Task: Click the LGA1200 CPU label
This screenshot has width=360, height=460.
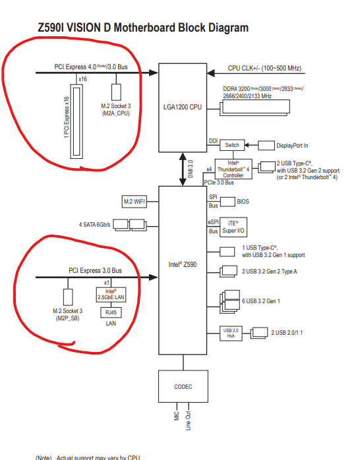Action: [183, 107]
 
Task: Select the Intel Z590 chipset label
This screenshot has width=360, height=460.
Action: [183, 265]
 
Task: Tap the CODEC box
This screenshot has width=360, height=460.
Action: [183, 386]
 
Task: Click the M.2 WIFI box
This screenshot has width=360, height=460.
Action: [135, 202]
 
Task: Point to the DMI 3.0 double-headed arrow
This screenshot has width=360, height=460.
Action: [183, 169]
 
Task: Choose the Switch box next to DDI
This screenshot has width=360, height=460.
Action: [232, 145]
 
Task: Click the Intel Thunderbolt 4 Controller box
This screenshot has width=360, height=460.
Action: [233, 169]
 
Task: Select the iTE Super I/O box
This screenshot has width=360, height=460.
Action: [233, 227]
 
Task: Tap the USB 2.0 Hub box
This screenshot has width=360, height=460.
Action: [231, 333]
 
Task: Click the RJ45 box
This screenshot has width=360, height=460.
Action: [111, 312]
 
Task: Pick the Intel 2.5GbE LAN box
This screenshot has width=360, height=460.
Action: [111, 294]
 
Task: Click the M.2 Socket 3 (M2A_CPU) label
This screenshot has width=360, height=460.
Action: [116, 109]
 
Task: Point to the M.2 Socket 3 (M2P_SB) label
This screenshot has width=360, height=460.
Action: [67, 314]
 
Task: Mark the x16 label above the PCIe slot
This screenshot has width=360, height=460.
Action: [82, 79]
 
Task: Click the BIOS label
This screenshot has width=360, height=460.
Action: [243, 202]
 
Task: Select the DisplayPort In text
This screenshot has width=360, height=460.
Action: [292, 146]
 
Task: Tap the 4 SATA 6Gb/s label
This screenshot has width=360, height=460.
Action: [94, 225]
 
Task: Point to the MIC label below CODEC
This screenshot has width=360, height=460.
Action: [177, 416]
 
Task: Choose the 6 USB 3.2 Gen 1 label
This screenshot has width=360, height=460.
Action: [261, 301]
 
